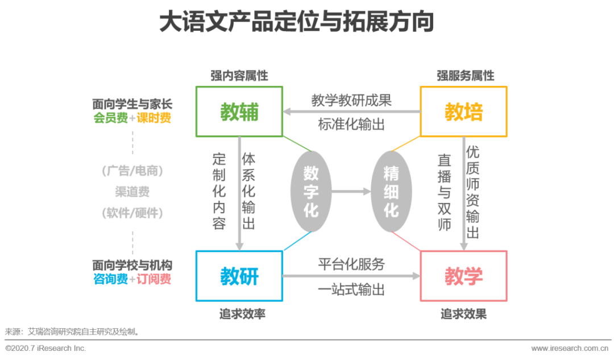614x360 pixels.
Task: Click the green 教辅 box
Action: pos(239,111)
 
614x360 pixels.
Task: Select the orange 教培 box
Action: pos(463,111)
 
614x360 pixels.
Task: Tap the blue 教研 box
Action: pos(239,276)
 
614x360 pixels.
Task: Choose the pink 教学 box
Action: pos(463,276)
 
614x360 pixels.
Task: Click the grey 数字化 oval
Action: pos(311,192)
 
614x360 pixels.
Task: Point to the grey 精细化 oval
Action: pos(391,192)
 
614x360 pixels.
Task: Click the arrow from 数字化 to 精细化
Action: pos(351,192)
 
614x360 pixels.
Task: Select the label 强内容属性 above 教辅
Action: pos(239,76)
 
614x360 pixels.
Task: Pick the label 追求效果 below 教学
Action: pos(463,314)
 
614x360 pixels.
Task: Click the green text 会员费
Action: pos(111,118)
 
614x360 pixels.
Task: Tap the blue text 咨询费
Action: pos(111,279)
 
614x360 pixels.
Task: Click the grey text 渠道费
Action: pos(132,192)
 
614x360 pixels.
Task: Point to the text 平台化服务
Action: pos(351,264)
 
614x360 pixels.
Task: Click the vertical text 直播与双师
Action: pos(444,192)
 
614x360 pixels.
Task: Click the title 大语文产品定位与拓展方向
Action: pos(296,22)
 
